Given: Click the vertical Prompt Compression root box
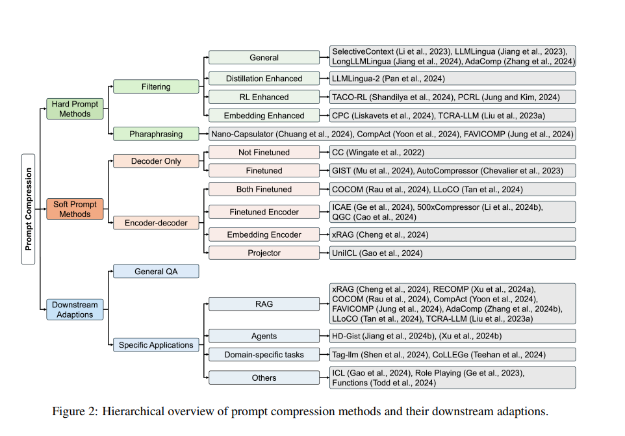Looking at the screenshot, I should (x=29, y=209).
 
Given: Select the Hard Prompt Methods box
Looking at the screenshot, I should (x=75, y=109).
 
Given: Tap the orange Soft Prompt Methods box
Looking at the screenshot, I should (x=75, y=209).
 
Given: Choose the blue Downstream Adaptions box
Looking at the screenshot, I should (x=75, y=309).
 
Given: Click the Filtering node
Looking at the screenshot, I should (x=156, y=86).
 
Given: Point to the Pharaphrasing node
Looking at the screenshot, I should (x=156, y=134).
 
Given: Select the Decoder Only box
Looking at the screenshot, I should (x=156, y=161).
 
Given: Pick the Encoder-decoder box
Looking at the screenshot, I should (x=156, y=223).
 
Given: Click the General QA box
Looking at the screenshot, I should (x=156, y=271).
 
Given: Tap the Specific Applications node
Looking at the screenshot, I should (x=156, y=345).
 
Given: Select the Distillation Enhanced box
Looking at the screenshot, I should (x=264, y=79).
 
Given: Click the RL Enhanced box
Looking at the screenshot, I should (x=264, y=97).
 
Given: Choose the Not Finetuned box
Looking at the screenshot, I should (x=264, y=152).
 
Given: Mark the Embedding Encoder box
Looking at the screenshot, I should (x=264, y=235).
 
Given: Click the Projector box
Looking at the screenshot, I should (x=264, y=253).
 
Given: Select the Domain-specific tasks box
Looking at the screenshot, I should (x=264, y=355).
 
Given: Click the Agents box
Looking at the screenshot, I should (x=264, y=336).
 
